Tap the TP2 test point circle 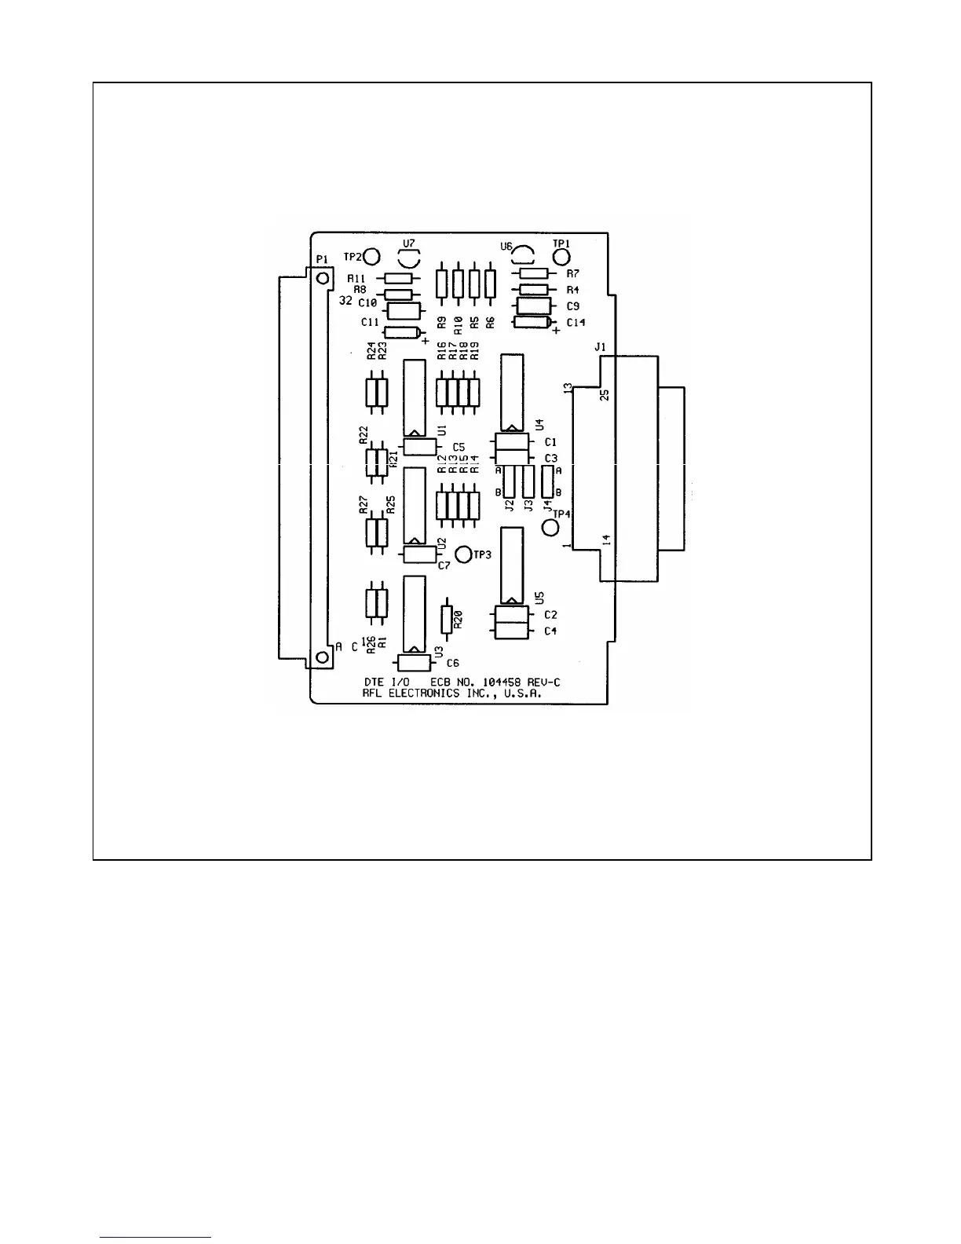coord(371,257)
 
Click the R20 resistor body coord(447,620)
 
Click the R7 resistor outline coord(535,273)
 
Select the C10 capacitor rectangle coord(405,310)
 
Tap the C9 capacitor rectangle coord(534,306)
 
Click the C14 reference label coord(576,322)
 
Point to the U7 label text coord(408,243)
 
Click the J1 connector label coord(601,346)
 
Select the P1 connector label coord(321,259)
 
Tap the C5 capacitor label coord(459,448)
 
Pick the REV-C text coord(543,682)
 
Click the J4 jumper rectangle coord(548,481)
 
